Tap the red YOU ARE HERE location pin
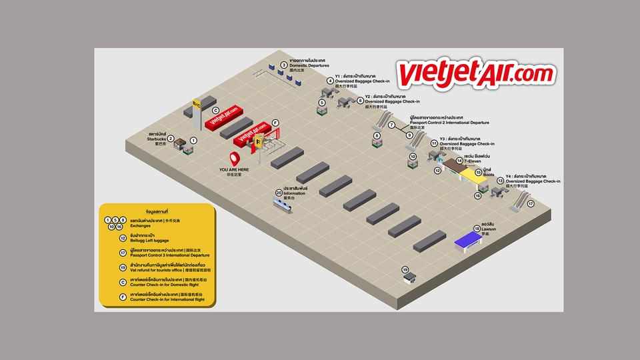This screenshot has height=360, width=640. click(235, 159)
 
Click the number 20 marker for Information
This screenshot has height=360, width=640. click(279, 193)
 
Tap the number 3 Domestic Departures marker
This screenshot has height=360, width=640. click(283, 65)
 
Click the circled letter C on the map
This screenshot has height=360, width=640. click(215, 110)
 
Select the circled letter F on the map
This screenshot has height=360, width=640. click(275, 123)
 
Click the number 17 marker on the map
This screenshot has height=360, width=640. click(531, 204)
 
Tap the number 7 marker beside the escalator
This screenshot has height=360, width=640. click(392, 125)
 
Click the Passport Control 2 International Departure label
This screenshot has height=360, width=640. click(449, 123)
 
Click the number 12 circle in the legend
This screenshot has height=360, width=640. click(123, 237)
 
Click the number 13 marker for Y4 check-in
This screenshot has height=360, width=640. click(500, 181)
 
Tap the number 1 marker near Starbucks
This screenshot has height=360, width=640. click(193, 141)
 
